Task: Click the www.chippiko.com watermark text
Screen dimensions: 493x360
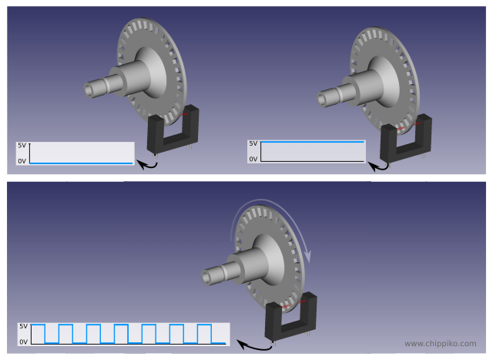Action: tap(440, 344)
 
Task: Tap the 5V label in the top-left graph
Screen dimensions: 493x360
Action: tap(22, 146)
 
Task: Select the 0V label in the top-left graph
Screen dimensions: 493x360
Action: tap(22, 161)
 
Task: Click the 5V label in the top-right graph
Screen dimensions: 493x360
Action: tap(253, 143)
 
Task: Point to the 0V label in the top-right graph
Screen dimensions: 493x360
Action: tap(253, 160)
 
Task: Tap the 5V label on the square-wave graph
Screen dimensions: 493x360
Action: tap(24, 326)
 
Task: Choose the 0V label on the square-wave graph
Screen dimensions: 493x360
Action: tap(24, 341)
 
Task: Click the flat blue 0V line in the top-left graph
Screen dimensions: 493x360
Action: tap(81, 163)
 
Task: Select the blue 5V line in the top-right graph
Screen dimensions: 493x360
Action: tap(313, 142)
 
